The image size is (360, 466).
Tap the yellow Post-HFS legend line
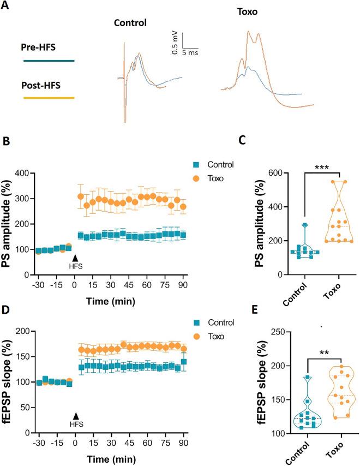(x=49, y=98)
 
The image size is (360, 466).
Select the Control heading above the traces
(x=131, y=25)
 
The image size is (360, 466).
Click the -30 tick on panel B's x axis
(x=38, y=285)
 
